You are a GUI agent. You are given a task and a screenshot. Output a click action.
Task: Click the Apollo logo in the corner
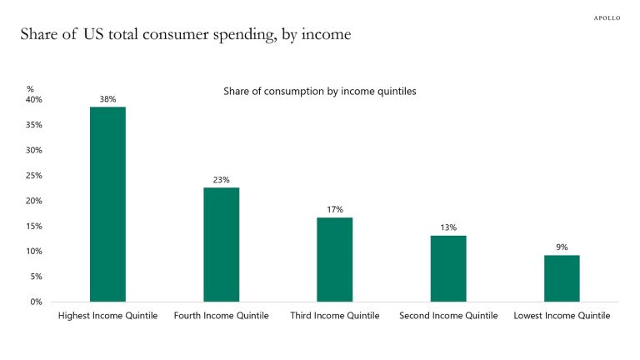[x=607, y=17]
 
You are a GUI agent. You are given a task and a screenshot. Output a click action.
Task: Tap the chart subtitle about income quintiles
[x=319, y=92]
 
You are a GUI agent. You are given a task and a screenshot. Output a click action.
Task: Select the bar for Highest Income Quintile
[x=107, y=204]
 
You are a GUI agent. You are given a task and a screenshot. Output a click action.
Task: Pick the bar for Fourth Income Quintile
[x=221, y=244]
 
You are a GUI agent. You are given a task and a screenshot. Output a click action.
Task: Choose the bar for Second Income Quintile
[x=448, y=268]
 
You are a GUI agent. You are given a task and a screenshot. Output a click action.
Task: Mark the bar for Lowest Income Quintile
[x=562, y=278]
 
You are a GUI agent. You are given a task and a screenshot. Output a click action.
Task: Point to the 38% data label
[x=107, y=99]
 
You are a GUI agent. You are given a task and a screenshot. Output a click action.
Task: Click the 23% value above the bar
[x=221, y=180]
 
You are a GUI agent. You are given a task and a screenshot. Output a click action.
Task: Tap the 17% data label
[x=334, y=210]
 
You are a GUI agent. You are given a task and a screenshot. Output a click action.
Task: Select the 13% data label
[x=448, y=227]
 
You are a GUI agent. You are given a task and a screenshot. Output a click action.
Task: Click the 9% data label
[x=562, y=247]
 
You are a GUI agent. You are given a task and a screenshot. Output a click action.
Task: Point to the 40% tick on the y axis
[x=33, y=100]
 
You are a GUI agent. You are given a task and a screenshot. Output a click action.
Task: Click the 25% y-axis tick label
[x=33, y=176]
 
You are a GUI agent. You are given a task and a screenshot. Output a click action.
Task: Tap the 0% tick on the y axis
[x=36, y=302]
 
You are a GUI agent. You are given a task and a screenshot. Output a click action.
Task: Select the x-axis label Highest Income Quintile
[x=107, y=317]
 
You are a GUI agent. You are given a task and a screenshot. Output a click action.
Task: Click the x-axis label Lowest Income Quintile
[x=562, y=317]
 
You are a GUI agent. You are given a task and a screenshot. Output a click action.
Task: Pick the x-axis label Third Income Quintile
[x=334, y=317]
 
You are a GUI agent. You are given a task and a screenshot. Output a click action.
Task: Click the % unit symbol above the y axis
[x=30, y=88]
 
